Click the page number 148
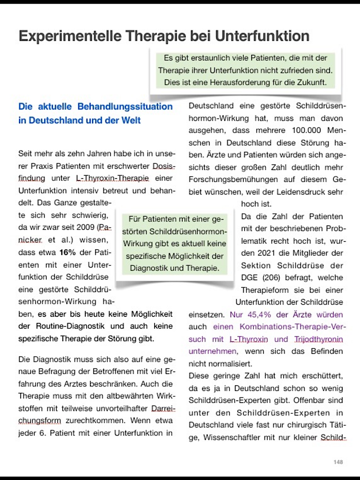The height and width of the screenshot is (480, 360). coord(338,462)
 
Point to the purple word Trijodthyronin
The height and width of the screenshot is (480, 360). coord(318,339)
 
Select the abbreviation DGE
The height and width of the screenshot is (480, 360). coord(250,277)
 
